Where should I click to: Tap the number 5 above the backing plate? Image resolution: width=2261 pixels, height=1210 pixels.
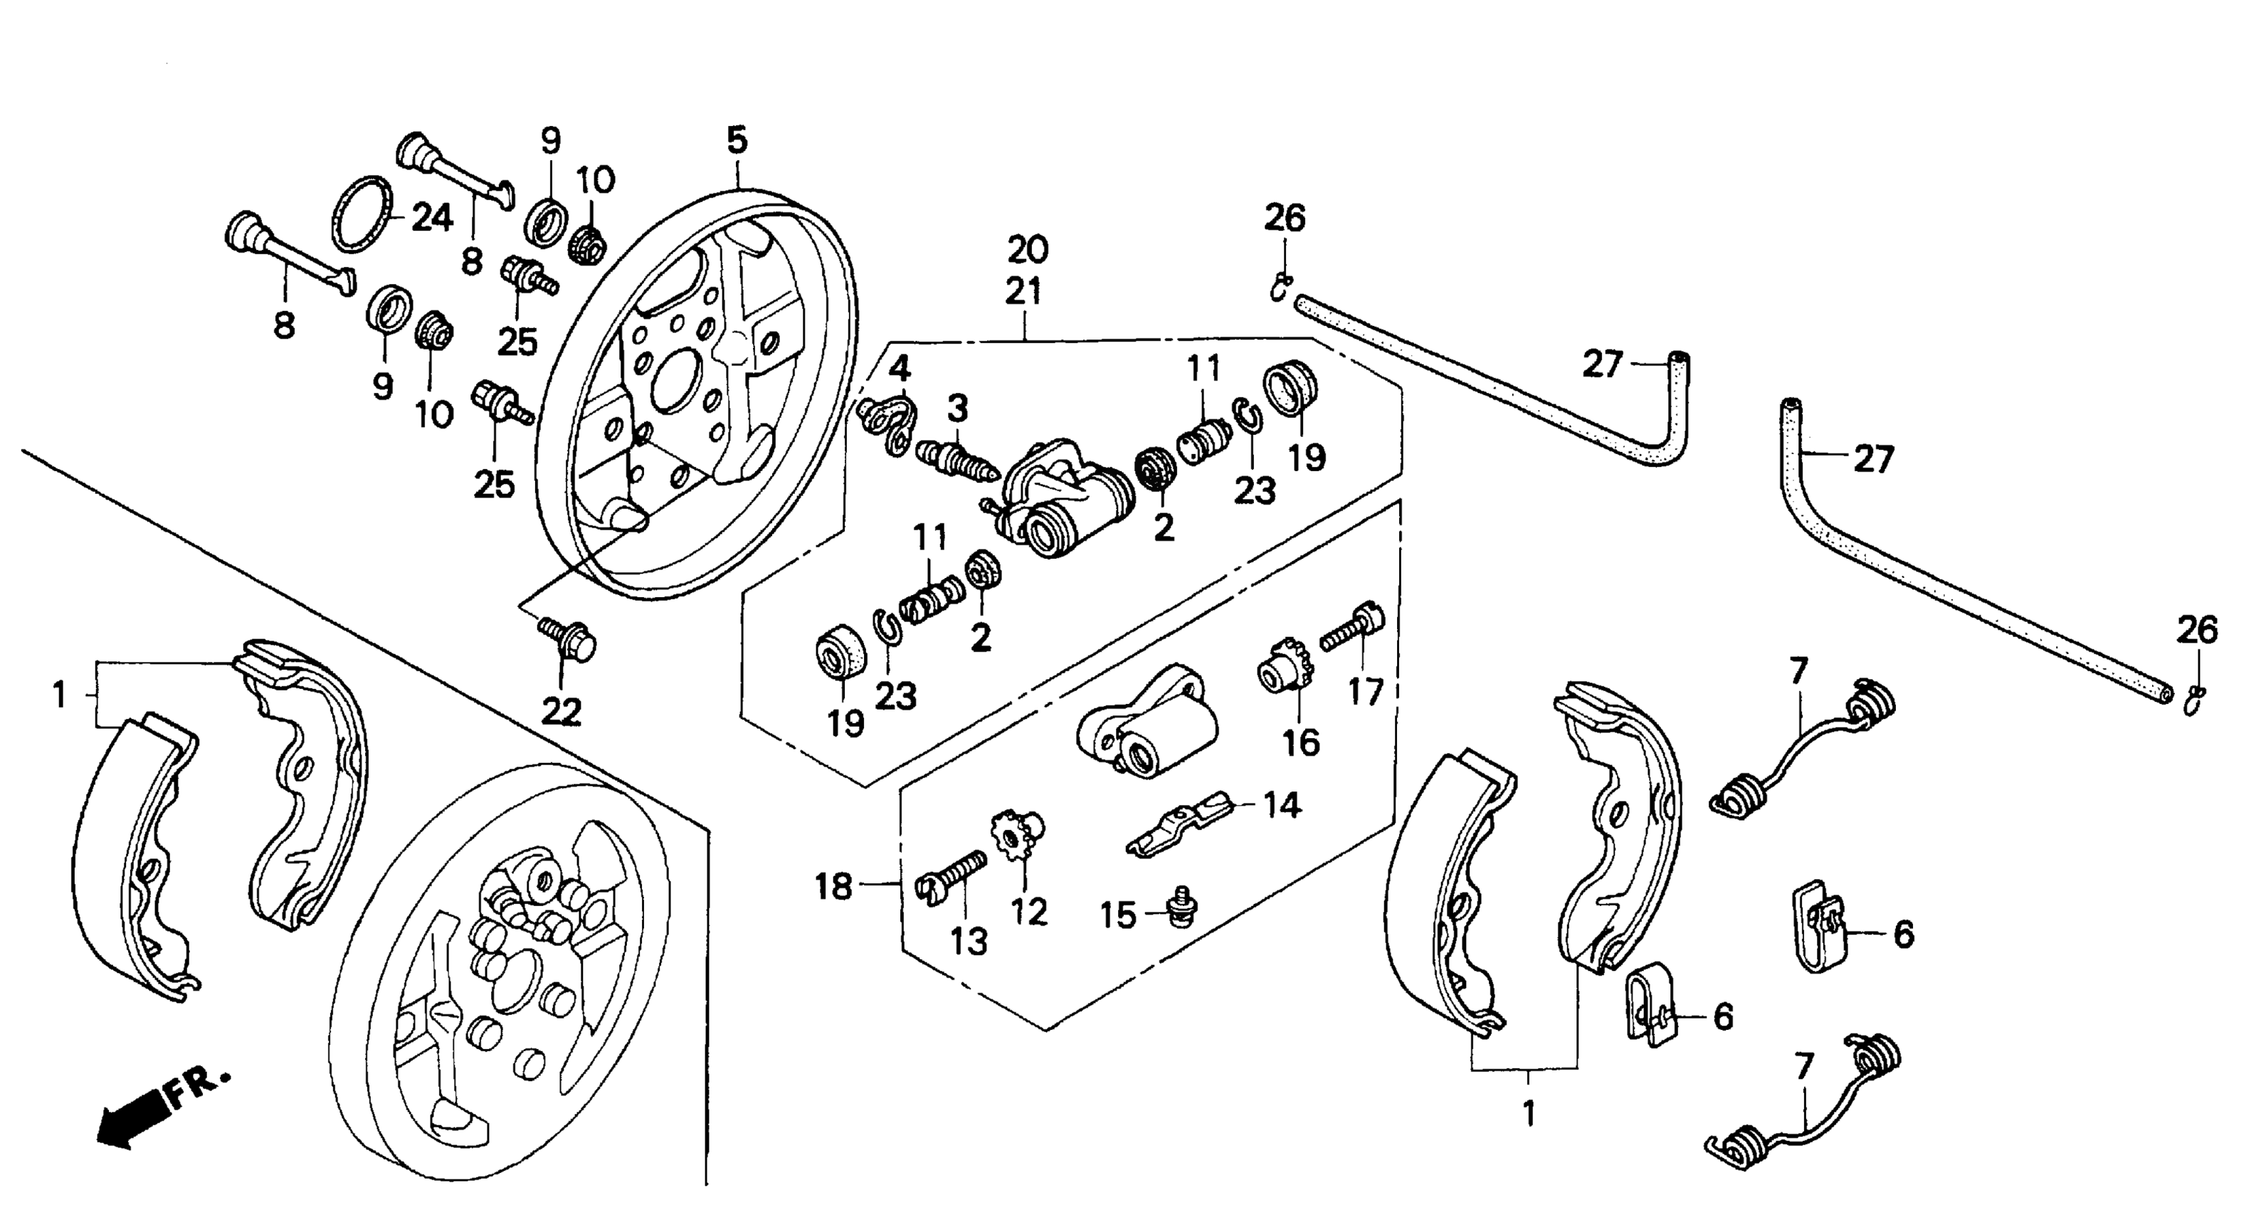737,140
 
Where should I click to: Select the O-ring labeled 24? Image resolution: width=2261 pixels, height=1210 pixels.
361,214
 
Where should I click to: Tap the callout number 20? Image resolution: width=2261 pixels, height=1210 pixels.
1028,251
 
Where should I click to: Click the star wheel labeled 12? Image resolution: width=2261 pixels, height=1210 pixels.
1016,837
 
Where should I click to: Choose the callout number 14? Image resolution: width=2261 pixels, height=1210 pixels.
1282,804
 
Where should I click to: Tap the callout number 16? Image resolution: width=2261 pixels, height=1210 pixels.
1301,743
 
